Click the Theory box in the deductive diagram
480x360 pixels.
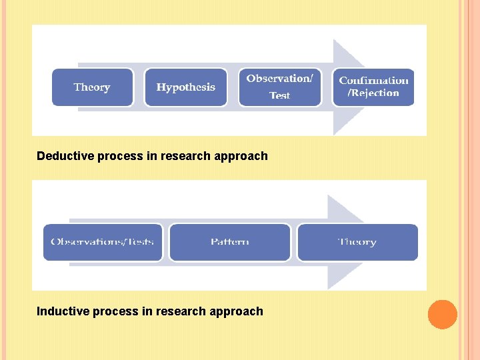tap(92, 87)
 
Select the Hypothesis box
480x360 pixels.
tap(185, 87)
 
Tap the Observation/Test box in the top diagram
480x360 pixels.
tap(279, 87)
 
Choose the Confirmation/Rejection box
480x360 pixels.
tap(373, 87)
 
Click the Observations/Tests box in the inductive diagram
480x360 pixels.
tap(103, 242)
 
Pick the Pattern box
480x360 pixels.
tap(230, 242)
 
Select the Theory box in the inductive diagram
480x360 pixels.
tap(357, 242)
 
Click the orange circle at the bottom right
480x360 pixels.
tap(442, 315)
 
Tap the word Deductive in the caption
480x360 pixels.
tap(65, 156)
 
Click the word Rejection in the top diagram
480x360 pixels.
tap(375, 93)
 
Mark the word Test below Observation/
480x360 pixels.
tap(280, 96)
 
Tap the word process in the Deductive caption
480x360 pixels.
tap(119, 157)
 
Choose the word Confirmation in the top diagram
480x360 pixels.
tap(373, 81)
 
